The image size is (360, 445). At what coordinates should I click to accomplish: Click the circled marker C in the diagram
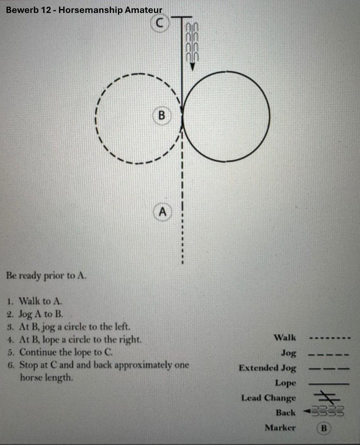click(160, 23)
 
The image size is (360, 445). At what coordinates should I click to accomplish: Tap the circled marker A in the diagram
click(163, 212)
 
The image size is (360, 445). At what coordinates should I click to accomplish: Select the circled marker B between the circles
click(162, 115)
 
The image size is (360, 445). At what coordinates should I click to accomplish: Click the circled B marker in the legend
click(324, 428)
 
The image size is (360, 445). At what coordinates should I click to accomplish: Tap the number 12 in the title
click(46, 10)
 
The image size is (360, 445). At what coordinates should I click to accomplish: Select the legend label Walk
click(285, 338)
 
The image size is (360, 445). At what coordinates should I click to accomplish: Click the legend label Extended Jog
click(267, 368)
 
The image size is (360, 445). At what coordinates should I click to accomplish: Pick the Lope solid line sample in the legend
click(329, 384)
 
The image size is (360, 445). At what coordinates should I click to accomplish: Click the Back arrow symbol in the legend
click(323, 411)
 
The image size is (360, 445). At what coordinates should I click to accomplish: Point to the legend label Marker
click(280, 428)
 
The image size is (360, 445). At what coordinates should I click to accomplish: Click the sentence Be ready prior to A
click(46, 276)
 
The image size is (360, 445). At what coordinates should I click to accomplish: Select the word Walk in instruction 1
click(30, 301)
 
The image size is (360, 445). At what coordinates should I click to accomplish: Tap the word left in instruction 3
click(123, 326)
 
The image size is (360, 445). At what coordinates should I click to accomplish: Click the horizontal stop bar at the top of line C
click(181, 17)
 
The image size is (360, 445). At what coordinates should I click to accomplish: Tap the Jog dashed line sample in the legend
click(329, 354)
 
